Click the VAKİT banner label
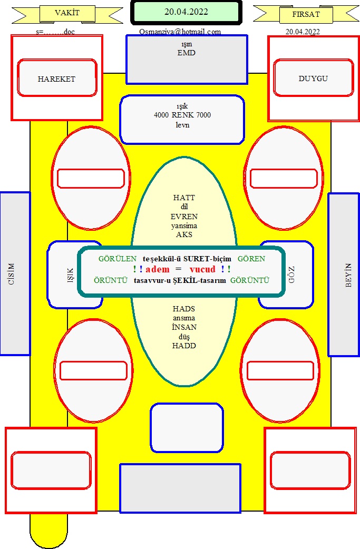point(67,13)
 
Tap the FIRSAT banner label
point(306,15)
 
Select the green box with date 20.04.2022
point(186,12)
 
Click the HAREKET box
point(57,78)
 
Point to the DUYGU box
point(314,78)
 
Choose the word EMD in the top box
point(186,53)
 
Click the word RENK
point(182,115)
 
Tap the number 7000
point(203,115)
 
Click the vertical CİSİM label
point(12,274)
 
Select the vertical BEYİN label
point(348,275)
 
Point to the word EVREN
point(184,217)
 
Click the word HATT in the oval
point(184,198)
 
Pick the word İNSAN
point(184,327)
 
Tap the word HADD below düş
point(184,346)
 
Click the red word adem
point(158,269)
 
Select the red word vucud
point(203,269)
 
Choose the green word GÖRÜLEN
point(118,259)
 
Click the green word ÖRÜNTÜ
point(111,280)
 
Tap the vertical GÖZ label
point(291,274)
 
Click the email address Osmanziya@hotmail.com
point(180,32)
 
